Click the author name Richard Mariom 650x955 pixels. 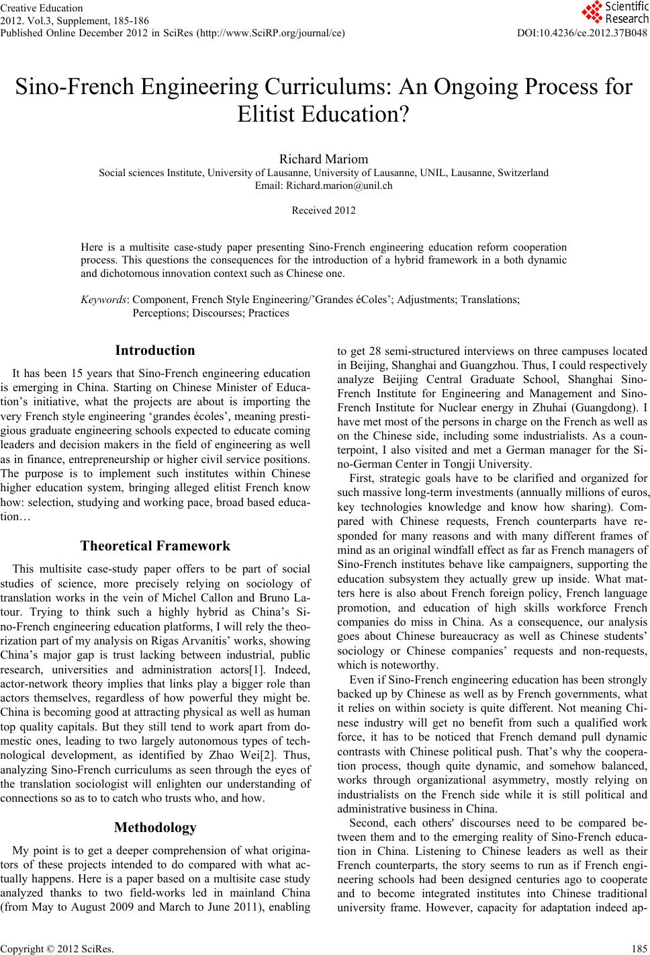click(324, 159)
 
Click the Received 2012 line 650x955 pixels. click(324, 210)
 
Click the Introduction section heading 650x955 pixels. click(155, 350)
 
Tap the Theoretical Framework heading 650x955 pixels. click(155, 546)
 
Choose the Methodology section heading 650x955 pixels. click(155, 827)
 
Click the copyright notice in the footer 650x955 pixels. click(58, 950)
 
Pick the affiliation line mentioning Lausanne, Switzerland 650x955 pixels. click(324, 173)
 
